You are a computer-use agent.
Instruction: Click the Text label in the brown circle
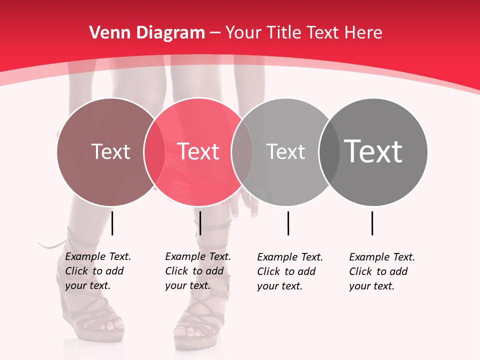click(x=110, y=151)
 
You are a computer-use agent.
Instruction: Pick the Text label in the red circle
click(x=198, y=151)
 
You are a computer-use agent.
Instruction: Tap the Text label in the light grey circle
click(x=285, y=151)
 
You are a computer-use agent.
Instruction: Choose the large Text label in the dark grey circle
click(x=373, y=151)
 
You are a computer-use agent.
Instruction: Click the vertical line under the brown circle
click(x=112, y=223)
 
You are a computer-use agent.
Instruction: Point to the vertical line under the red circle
click(x=200, y=223)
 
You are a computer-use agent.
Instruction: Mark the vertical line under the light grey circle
click(x=288, y=223)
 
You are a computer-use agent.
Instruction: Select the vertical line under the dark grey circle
click(x=372, y=223)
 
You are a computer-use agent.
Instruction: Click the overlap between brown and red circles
click(x=154, y=152)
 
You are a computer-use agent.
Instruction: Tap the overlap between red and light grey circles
click(x=242, y=152)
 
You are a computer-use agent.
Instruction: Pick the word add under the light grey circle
click(x=306, y=271)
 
